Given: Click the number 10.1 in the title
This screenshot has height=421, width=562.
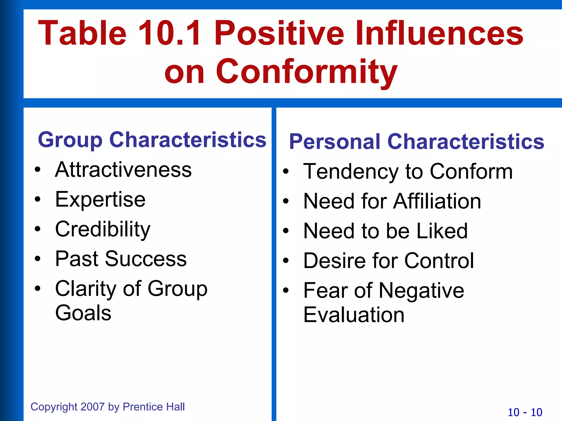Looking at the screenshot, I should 169,33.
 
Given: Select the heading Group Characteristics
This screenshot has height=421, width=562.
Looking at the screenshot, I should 152,140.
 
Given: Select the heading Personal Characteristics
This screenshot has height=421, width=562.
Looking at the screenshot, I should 417,142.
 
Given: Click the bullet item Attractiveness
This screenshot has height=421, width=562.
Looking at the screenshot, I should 123,170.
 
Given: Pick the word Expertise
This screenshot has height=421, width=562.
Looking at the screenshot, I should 100,200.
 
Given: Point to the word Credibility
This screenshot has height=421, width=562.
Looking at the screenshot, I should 103,229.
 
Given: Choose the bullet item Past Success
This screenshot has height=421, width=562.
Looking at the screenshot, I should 121,259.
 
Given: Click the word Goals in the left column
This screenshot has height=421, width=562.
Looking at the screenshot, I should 83,313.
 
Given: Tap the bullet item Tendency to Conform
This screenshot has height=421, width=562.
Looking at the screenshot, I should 408,172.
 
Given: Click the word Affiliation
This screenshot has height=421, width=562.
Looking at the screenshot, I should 437,201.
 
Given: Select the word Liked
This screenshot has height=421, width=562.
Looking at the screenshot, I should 442,231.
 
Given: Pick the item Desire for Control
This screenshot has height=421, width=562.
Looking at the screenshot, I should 389,261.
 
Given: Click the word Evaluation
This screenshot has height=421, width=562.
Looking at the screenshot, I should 354,315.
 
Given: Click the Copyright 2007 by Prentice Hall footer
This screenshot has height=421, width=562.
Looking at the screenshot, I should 108,407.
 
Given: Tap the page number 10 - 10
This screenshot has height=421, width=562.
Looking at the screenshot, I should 525,413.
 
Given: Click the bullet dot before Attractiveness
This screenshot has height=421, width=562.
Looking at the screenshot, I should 38,170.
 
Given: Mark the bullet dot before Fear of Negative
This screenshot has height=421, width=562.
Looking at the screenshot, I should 286,290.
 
